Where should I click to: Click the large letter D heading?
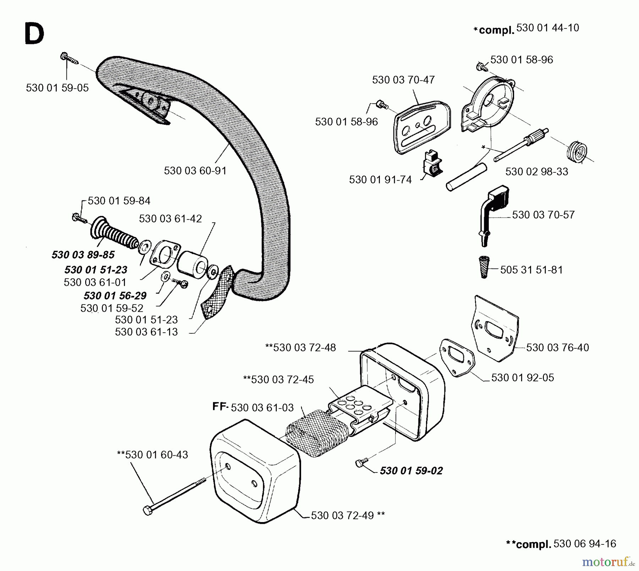(34, 34)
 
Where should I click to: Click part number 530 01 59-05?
(57, 88)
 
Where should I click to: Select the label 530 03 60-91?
(195, 171)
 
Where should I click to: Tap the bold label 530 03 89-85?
(83, 255)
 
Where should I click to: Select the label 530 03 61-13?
(146, 332)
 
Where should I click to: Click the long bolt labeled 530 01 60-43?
(174, 496)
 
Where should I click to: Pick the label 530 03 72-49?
(342, 515)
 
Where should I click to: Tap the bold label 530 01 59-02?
(411, 471)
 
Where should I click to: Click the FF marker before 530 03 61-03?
(220, 406)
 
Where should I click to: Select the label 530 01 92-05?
(522, 377)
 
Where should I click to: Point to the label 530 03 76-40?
(557, 347)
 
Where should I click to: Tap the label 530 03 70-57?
(543, 215)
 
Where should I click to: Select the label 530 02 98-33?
(536, 171)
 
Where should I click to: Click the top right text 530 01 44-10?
(547, 28)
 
